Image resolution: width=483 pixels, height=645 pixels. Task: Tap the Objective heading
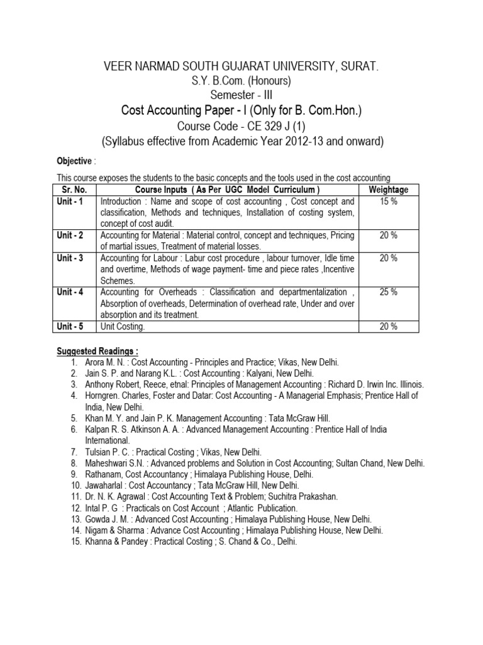74,161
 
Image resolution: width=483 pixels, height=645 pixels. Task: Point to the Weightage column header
388,190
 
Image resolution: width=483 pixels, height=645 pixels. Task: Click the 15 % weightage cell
388,202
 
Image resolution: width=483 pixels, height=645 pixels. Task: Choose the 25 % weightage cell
388,292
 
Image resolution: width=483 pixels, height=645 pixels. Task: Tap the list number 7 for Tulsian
74,453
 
